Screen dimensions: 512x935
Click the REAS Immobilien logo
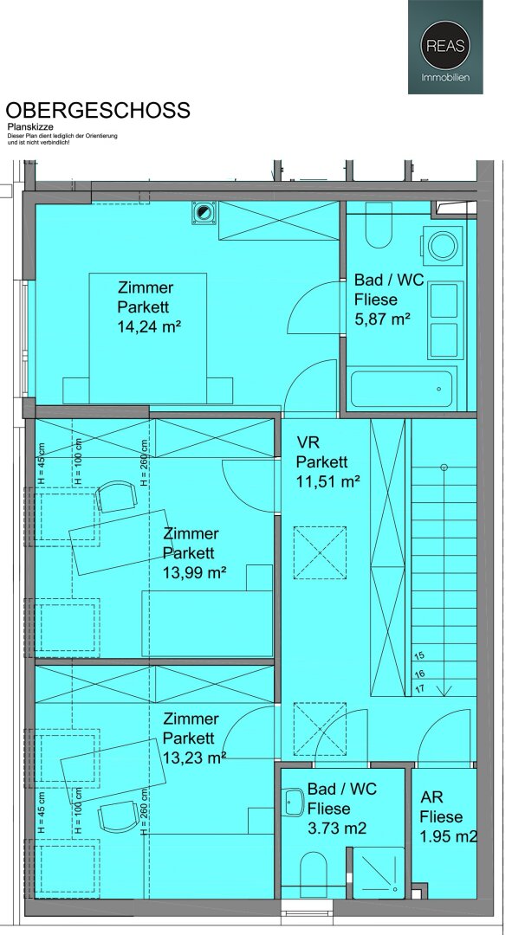tap(445, 47)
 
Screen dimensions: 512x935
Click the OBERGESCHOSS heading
tap(98, 110)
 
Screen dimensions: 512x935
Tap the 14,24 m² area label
tap(149, 326)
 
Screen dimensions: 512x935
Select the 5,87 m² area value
tap(383, 319)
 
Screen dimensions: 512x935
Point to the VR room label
tap(308, 442)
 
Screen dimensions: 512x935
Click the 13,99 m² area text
tap(195, 572)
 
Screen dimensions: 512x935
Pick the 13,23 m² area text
tap(195, 758)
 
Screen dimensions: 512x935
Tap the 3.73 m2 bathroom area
tap(337, 828)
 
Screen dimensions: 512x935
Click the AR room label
tap(431, 798)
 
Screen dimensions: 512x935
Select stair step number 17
tap(419, 688)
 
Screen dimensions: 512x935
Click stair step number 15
tap(419, 656)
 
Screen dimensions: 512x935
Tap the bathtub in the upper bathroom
tap(401, 389)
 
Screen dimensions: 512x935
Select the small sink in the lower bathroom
tap(294, 802)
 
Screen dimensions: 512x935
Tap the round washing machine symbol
tap(442, 246)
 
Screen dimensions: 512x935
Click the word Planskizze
tap(29, 127)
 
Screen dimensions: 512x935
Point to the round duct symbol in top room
tap(204, 213)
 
